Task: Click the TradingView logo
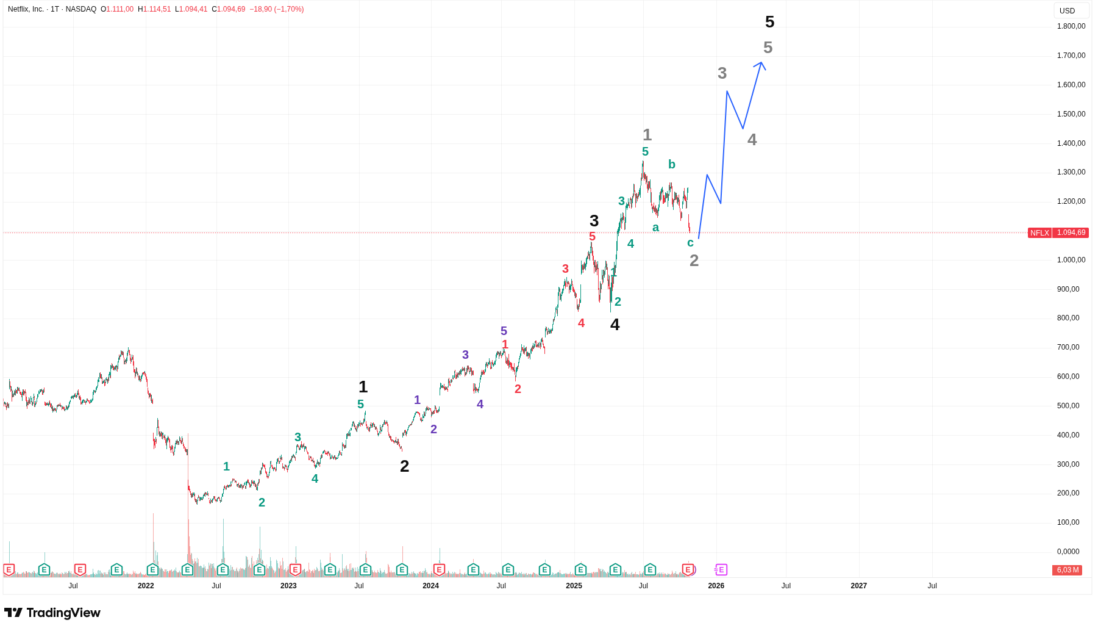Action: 52,613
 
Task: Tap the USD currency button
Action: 1067,11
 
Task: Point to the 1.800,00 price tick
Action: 1071,26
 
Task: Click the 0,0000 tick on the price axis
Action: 1068,552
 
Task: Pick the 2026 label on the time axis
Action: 716,586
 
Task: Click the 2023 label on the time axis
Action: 288,586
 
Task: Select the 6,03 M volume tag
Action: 1068,570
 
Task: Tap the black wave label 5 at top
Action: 769,22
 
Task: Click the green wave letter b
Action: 672,164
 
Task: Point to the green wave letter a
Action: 655,228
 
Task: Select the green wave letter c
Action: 690,243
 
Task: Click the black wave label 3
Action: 594,221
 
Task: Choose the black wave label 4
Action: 615,325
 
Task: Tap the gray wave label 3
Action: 722,73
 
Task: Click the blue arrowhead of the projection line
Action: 761,63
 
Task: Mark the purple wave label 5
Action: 504,331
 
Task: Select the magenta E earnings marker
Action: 721,570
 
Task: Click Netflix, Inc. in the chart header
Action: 26,9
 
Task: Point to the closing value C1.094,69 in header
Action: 229,9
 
